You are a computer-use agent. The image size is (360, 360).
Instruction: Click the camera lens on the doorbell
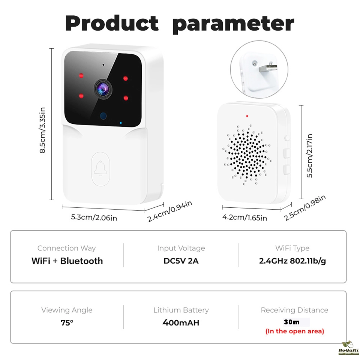[x=103, y=89]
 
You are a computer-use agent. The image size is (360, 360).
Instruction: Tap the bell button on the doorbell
[x=100, y=169]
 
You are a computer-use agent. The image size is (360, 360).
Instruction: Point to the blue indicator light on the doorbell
[x=121, y=123]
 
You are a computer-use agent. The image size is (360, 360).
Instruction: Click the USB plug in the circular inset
[x=268, y=68]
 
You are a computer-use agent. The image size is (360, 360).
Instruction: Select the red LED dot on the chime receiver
[x=247, y=116]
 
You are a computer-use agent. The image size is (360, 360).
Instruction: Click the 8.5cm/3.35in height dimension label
[x=42, y=130]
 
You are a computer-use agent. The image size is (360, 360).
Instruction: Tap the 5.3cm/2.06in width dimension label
[x=94, y=217]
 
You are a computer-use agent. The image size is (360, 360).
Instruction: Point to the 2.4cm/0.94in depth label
[x=169, y=211]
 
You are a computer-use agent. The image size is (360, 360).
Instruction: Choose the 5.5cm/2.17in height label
[x=310, y=156]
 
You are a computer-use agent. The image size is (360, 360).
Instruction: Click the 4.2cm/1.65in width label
[x=244, y=217]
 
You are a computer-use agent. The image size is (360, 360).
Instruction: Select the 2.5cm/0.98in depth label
[x=304, y=208]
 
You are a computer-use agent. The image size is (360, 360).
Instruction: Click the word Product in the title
[x=112, y=23]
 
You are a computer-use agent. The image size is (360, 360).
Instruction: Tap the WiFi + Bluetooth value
[x=67, y=261]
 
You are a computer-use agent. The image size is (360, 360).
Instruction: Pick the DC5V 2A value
[x=181, y=261]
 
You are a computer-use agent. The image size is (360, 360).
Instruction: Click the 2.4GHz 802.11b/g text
[x=292, y=261]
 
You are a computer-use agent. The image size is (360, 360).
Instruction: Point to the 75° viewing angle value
[x=67, y=323]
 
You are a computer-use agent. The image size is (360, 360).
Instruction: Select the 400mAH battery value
[x=181, y=323]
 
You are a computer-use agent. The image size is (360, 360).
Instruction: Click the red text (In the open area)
[x=295, y=331]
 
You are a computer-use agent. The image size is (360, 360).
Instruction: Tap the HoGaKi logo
[x=348, y=348]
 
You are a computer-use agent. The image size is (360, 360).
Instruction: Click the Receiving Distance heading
[x=295, y=310]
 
